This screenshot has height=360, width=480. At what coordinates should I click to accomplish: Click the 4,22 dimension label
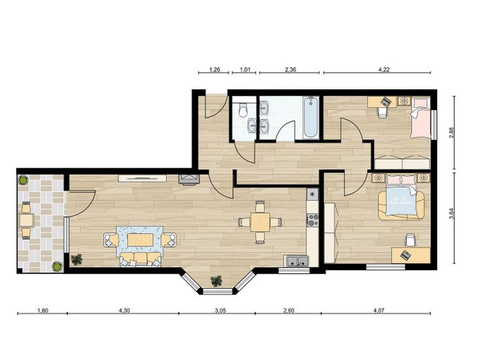tap(384, 69)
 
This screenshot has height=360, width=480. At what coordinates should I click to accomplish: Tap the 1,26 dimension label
tap(214, 69)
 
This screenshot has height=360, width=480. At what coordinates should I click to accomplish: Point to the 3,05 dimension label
tap(220, 310)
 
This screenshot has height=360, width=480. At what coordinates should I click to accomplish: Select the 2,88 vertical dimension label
tap(451, 132)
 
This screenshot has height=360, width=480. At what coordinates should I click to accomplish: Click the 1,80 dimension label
tap(43, 310)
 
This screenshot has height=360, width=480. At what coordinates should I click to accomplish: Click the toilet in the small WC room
tap(243, 110)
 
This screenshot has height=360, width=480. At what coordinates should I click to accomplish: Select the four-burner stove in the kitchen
tap(313, 219)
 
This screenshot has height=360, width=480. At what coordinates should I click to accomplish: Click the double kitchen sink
tap(296, 261)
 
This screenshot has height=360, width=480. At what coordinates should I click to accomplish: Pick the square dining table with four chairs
tap(260, 222)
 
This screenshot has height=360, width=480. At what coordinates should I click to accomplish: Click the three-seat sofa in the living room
tap(140, 259)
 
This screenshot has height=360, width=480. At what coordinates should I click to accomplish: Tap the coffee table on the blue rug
tap(140, 240)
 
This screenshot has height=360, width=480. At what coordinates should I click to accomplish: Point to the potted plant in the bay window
tap(216, 280)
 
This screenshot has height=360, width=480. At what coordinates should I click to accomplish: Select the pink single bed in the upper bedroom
tap(421, 118)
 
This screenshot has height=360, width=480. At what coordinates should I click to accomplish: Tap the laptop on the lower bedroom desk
tap(405, 255)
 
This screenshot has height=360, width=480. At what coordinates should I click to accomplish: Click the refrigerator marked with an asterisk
tap(313, 195)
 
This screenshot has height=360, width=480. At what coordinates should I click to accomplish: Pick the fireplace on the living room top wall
tap(189, 180)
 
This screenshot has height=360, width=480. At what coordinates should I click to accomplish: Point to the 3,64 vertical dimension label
tap(451, 213)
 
